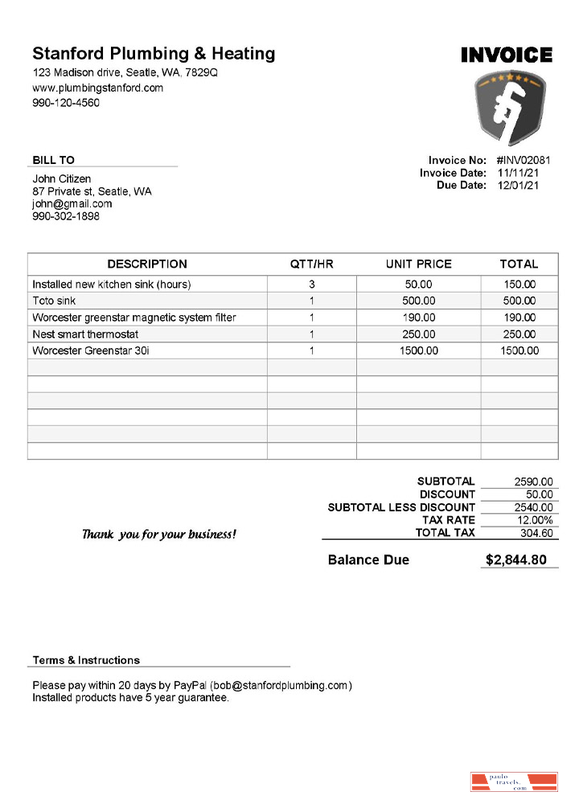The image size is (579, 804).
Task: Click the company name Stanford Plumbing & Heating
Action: (x=154, y=54)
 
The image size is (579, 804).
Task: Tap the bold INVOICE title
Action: (x=507, y=55)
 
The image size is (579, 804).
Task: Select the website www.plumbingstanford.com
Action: (x=98, y=88)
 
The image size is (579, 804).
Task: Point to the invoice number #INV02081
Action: (x=524, y=160)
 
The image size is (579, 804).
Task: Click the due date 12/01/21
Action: (x=519, y=186)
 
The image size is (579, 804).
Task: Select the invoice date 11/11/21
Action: (x=519, y=173)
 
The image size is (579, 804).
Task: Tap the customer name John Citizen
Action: (x=62, y=178)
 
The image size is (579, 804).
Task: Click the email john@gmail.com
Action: (x=72, y=204)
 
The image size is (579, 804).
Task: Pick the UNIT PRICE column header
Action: (x=419, y=264)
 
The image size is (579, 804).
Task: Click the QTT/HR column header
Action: (x=311, y=264)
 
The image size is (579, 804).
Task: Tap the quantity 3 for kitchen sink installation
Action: (x=311, y=285)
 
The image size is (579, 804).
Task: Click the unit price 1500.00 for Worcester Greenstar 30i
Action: (x=419, y=351)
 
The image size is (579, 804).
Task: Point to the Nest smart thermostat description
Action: (x=86, y=334)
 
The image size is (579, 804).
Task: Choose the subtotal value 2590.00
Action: (x=534, y=482)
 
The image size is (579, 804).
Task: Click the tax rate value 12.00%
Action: (x=535, y=520)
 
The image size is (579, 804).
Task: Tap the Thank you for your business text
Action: (x=159, y=535)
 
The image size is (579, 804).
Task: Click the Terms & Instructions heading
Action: (x=86, y=660)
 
